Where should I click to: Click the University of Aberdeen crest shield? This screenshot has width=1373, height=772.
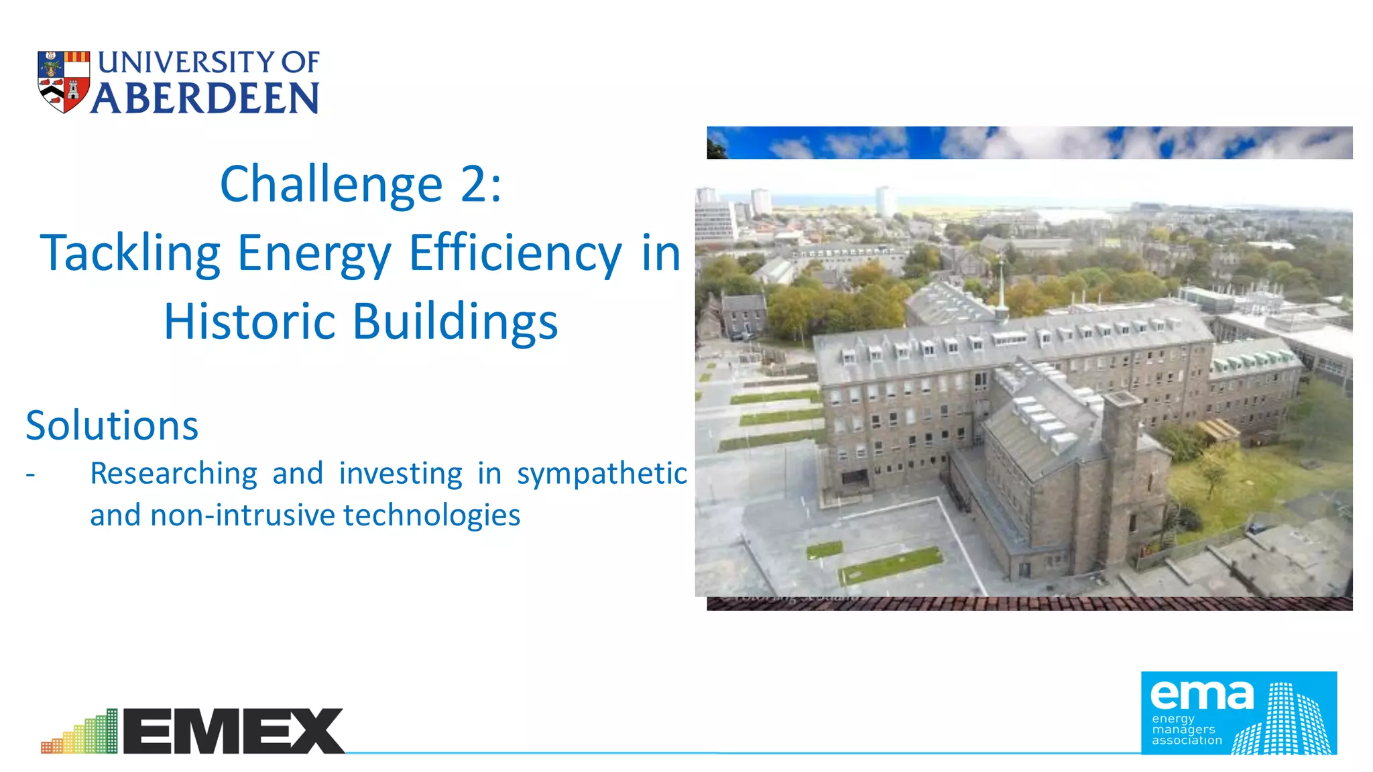coord(64,82)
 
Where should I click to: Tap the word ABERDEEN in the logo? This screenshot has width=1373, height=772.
coord(205,99)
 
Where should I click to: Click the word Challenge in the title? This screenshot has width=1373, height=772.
coord(331,184)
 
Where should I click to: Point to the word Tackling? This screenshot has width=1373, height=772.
coord(130,254)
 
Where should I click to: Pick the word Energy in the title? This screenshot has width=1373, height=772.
coord(314,254)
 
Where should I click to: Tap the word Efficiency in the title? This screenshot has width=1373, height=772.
coord(516,254)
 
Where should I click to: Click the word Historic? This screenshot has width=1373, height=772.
coord(249,322)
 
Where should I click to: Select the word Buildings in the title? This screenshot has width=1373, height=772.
coord(455,322)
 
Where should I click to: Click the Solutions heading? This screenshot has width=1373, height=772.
coord(112,426)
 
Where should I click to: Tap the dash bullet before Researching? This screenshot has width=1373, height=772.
coord(30,474)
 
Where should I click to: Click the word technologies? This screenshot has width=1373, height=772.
coord(432,515)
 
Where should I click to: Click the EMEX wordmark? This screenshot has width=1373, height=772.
coord(233,731)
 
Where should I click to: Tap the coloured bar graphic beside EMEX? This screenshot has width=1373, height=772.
coord(80,733)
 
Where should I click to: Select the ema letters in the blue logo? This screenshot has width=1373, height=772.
coord(1201,695)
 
